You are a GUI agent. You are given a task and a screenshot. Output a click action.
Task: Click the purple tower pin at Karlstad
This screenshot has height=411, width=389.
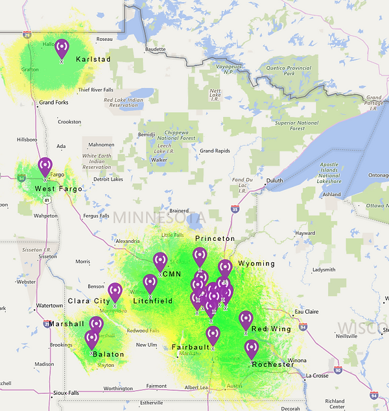(62, 49)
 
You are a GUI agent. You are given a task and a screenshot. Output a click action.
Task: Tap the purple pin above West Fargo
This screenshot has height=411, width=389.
(45, 167)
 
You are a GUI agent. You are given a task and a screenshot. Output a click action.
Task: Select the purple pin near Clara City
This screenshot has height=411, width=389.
(115, 293)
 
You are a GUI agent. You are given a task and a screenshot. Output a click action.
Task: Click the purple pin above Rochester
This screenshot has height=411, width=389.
(251, 349)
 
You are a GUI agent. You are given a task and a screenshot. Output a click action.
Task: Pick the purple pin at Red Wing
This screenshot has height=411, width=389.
(246, 320)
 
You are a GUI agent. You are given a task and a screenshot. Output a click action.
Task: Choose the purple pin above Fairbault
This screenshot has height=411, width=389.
(213, 335)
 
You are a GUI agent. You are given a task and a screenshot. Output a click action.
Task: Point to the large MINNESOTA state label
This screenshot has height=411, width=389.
(159, 217)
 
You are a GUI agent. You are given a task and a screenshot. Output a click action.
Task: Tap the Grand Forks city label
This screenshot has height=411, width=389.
(55, 103)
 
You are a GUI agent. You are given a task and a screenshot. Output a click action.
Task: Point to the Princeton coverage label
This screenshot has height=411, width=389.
(215, 239)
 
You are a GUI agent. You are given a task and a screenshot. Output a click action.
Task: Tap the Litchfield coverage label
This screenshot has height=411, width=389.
(153, 301)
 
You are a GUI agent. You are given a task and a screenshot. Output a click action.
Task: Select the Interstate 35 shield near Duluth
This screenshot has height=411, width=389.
(235, 209)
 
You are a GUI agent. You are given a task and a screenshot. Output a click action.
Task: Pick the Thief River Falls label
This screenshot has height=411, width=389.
(97, 90)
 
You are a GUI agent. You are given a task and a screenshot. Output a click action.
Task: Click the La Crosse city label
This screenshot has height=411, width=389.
(317, 375)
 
